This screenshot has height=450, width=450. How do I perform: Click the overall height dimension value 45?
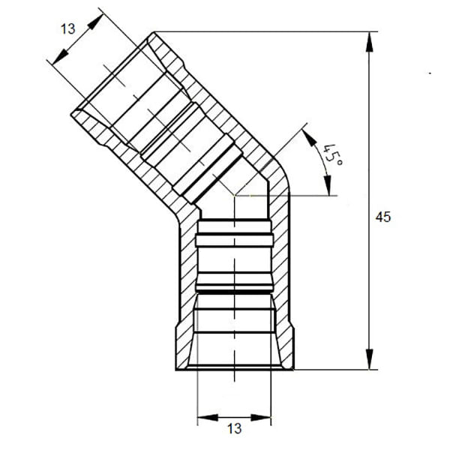click(383, 217)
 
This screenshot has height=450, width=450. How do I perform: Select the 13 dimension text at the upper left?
click(68, 28)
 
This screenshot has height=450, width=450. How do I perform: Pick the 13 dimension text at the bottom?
click(234, 429)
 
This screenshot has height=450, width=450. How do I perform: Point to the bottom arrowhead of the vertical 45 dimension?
click(370, 361)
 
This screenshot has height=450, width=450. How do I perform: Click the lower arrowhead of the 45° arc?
click(328, 187)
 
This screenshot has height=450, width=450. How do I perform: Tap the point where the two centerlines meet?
click(234, 196)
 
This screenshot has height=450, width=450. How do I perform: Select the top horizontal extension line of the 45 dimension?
click(262, 31)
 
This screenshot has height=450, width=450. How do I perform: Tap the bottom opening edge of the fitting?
click(234, 369)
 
